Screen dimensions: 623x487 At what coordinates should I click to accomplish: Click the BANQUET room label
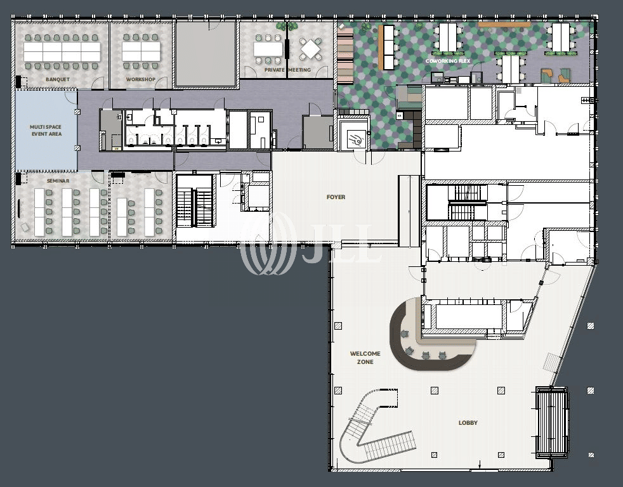[x=58, y=79]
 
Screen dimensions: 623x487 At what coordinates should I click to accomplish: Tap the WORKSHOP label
[x=141, y=79]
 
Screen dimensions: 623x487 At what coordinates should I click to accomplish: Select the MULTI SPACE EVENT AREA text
[x=46, y=130]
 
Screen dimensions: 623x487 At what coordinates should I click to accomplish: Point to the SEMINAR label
[x=58, y=181]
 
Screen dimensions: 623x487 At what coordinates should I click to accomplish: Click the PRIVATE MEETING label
[x=287, y=70]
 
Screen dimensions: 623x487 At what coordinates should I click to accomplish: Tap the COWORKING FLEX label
[x=448, y=61]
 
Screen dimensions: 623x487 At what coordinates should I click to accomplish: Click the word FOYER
[x=336, y=197]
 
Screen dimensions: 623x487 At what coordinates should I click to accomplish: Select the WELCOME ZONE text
[x=365, y=358]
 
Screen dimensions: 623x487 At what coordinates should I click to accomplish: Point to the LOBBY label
[x=468, y=423]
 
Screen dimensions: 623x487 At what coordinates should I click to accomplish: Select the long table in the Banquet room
[x=62, y=51]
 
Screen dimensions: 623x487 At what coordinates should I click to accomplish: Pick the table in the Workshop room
[x=141, y=51]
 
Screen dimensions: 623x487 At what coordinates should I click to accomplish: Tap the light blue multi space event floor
[x=46, y=130]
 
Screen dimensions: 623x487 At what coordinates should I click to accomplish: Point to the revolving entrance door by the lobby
[x=551, y=422]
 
